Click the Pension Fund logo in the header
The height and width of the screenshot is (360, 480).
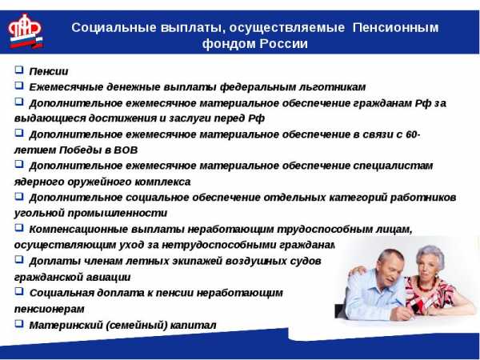pyautogui.click(x=26, y=31)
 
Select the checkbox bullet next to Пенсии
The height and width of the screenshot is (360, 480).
pyautogui.click(x=19, y=70)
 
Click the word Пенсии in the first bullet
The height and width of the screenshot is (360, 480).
pyautogui.click(x=49, y=71)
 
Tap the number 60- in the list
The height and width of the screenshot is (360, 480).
pyautogui.click(x=414, y=134)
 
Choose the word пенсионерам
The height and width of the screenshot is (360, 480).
pyautogui.click(x=50, y=309)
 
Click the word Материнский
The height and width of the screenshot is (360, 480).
pyautogui.click(x=66, y=325)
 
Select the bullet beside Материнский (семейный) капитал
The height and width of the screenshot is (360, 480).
pyautogui.click(x=19, y=323)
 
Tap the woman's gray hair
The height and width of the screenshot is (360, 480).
pyautogui.click(x=431, y=254)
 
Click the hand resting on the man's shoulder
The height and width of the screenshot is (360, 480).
pyautogui.click(x=358, y=271)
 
